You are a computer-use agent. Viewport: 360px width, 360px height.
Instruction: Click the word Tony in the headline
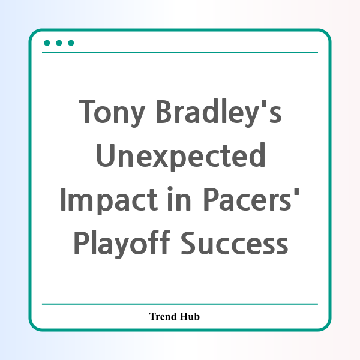(112, 113)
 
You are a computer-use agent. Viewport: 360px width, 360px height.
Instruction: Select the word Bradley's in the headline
(218, 113)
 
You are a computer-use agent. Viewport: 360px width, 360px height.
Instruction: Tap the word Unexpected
(181, 156)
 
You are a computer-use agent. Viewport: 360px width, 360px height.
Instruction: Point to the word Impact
(109, 200)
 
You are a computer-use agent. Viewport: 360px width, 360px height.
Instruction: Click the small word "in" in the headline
(179, 199)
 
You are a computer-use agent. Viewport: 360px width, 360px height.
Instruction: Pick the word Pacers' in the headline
(251, 199)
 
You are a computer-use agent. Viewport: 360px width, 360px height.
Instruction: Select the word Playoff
(122, 243)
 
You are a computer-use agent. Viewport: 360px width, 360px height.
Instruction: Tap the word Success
(235, 243)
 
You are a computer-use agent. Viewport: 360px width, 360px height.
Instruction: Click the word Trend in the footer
(163, 316)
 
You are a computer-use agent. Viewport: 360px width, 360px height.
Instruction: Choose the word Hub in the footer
(190, 316)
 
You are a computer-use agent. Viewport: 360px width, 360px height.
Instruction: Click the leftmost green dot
(47, 43)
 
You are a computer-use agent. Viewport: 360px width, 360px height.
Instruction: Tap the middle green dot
(59, 43)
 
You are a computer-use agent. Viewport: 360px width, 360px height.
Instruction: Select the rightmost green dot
(71, 43)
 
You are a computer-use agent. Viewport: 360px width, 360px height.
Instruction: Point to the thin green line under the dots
(180, 53)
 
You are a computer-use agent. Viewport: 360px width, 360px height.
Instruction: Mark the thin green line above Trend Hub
(180, 304)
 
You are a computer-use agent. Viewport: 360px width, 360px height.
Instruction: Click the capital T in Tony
(87, 112)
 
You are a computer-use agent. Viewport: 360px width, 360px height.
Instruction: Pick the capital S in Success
(190, 243)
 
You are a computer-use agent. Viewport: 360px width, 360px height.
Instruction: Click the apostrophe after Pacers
(296, 191)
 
